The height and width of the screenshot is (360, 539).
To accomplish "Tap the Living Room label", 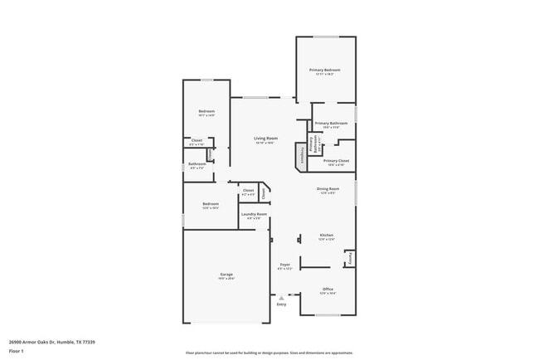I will coord(265,139).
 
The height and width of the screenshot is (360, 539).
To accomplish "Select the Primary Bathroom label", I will coord(331,124).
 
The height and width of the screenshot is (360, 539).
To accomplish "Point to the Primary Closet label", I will coord(336,161).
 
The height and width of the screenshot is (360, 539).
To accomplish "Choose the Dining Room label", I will coord(328,189).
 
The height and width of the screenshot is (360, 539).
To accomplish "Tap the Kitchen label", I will coord(327,236).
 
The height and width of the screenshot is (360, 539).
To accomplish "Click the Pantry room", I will coord(350,258).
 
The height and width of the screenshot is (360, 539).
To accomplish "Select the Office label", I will coord(327,289).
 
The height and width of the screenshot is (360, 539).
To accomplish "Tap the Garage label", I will coord(226,275).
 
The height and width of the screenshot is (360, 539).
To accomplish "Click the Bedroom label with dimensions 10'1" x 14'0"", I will coord(206,112).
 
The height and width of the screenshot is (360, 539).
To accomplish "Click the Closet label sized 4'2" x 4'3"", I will coord(248,191).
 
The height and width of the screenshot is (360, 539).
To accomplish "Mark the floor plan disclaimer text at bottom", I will coord(269,353).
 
